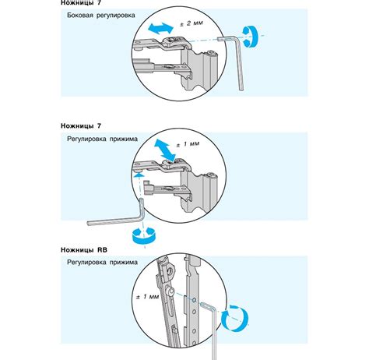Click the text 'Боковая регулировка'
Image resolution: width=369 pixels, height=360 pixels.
tap(101, 16)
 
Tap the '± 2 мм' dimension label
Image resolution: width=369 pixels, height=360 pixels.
tap(192, 23)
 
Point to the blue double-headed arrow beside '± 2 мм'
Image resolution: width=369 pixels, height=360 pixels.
tap(161, 28)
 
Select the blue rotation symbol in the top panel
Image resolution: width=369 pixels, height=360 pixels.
tap(250, 37)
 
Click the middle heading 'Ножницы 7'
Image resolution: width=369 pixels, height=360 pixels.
tap(81, 126)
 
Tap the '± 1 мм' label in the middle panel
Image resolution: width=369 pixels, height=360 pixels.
tap(188, 144)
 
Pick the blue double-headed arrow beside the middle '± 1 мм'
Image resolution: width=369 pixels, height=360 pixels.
tap(165, 150)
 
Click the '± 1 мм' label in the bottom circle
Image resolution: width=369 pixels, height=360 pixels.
tap(147, 296)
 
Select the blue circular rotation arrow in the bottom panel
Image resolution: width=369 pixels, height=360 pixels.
tap(235, 319)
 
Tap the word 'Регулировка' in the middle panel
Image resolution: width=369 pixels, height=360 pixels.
tap(86, 139)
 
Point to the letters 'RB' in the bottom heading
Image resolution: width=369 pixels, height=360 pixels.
tap(102, 250)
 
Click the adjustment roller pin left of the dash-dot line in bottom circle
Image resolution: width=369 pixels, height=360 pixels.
tap(170, 292)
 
